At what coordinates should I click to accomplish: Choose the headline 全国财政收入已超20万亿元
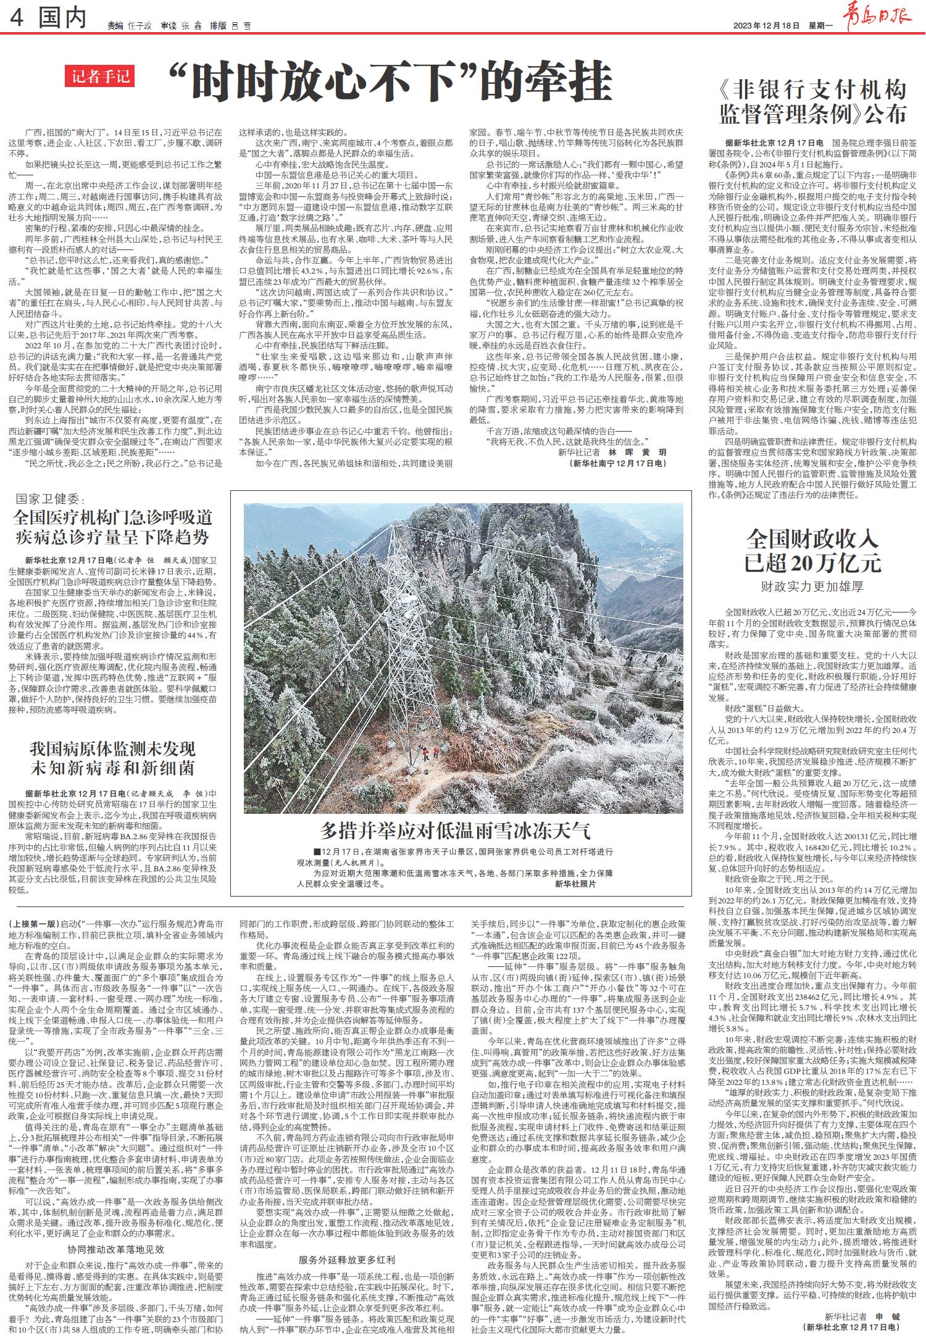click(x=812, y=551)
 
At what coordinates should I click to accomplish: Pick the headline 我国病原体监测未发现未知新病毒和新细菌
click(x=112, y=759)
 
